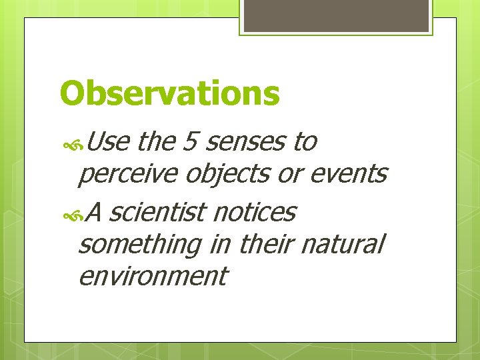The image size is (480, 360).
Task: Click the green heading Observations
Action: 169,93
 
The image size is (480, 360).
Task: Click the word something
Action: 139,245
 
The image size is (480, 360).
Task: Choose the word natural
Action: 343,245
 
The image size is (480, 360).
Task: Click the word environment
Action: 153,275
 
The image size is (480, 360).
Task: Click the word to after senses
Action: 305,141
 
